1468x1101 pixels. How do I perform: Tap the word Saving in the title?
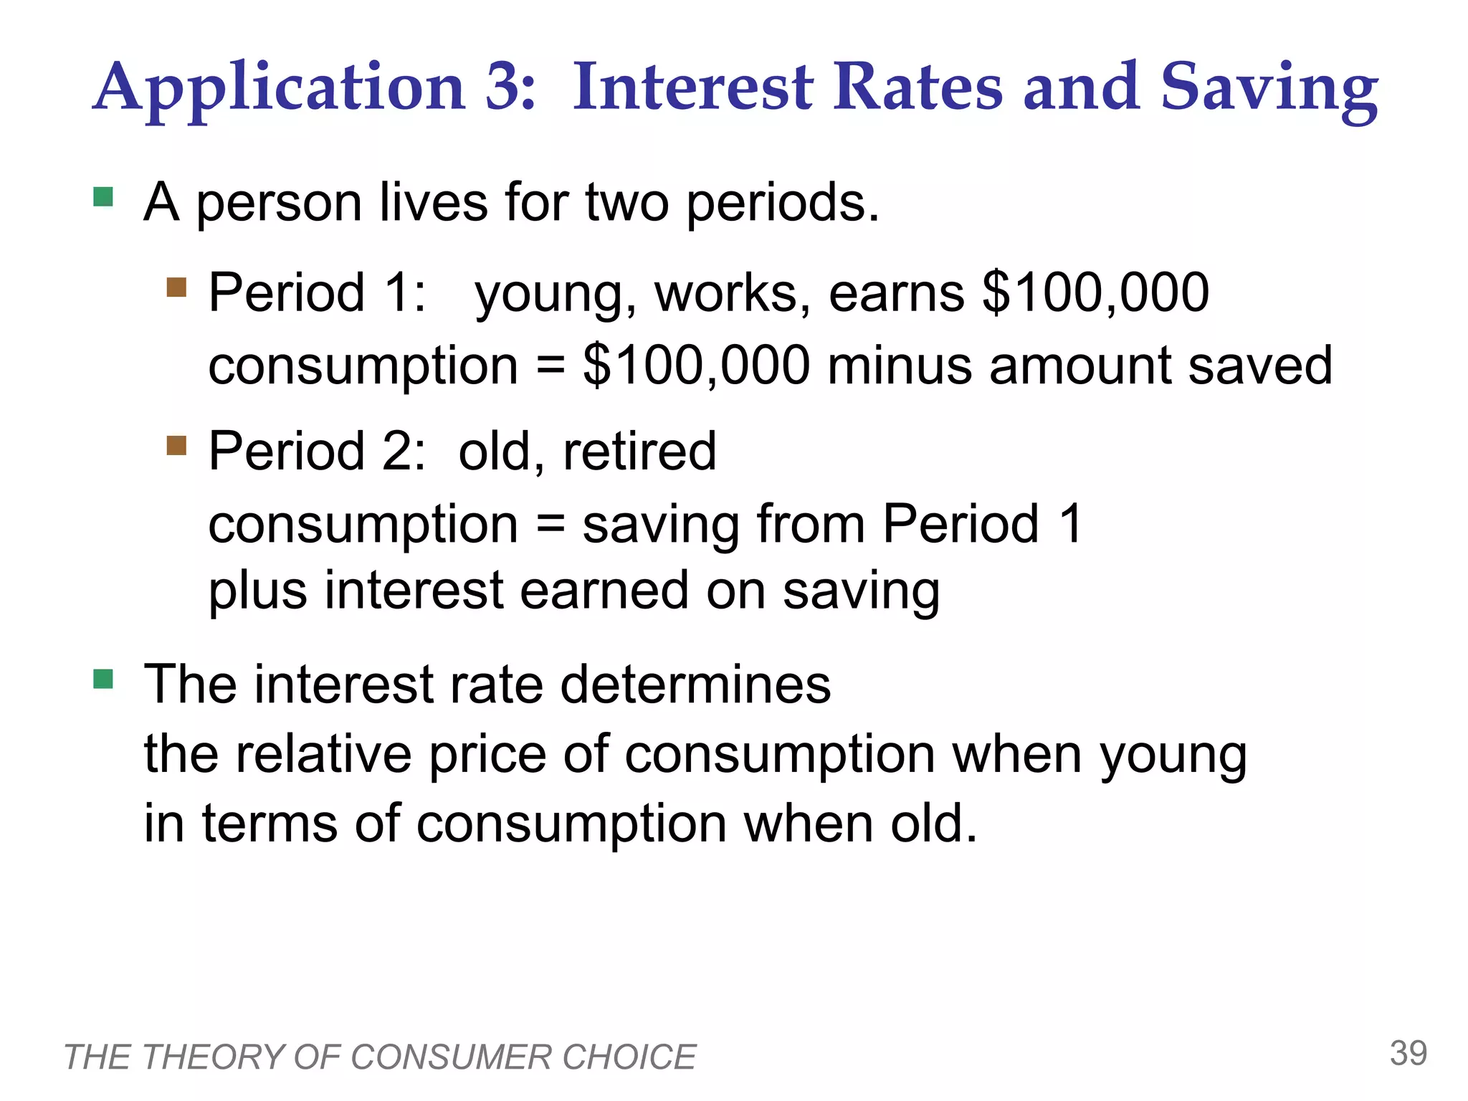pyautogui.click(x=1269, y=89)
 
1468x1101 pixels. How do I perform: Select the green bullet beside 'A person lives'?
pyautogui.click(x=103, y=196)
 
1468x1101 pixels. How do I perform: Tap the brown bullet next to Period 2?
pyautogui.click(x=176, y=446)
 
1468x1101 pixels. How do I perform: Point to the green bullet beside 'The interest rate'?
pyautogui.click(x=103, y=678)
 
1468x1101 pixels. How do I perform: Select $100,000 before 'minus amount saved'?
pyautogui.click(x=696, y=366)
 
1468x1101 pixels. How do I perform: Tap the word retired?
pyautogui.click(x=639, y=452)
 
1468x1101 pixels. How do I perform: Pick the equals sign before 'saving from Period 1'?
pyautogui.click(x=550, y=525)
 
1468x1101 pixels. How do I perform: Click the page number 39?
pyautogui.click(x=1408, y=1053)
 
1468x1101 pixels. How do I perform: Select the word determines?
pyautogui.click(x=695, y=684)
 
